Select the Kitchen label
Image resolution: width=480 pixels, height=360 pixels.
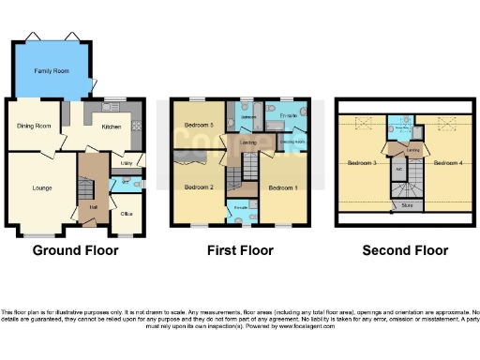pyautogui.click(x=111, y=127)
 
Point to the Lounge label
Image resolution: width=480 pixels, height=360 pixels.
pyautogui.click(x=42, y=187)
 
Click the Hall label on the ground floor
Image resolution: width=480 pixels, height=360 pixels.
pyautogui.click(x=94, y=207)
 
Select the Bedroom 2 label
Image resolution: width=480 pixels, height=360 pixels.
pyautogui.click(x=199, y=187)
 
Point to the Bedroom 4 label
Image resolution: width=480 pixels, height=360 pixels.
pyautogui.click(x=444, y=163)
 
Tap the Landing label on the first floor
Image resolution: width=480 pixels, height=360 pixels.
pyautogui.click(x=248, y=142)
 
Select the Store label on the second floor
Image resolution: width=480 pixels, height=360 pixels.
pyautogui.click(x=406, y=203)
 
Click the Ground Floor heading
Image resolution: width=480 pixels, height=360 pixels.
pyautogui.click(x=73, y=250)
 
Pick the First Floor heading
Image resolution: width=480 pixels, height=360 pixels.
pyautogui.click(x=240, y=250)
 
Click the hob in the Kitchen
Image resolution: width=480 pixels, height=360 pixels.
pyautogui.click(x=137, y=124)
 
